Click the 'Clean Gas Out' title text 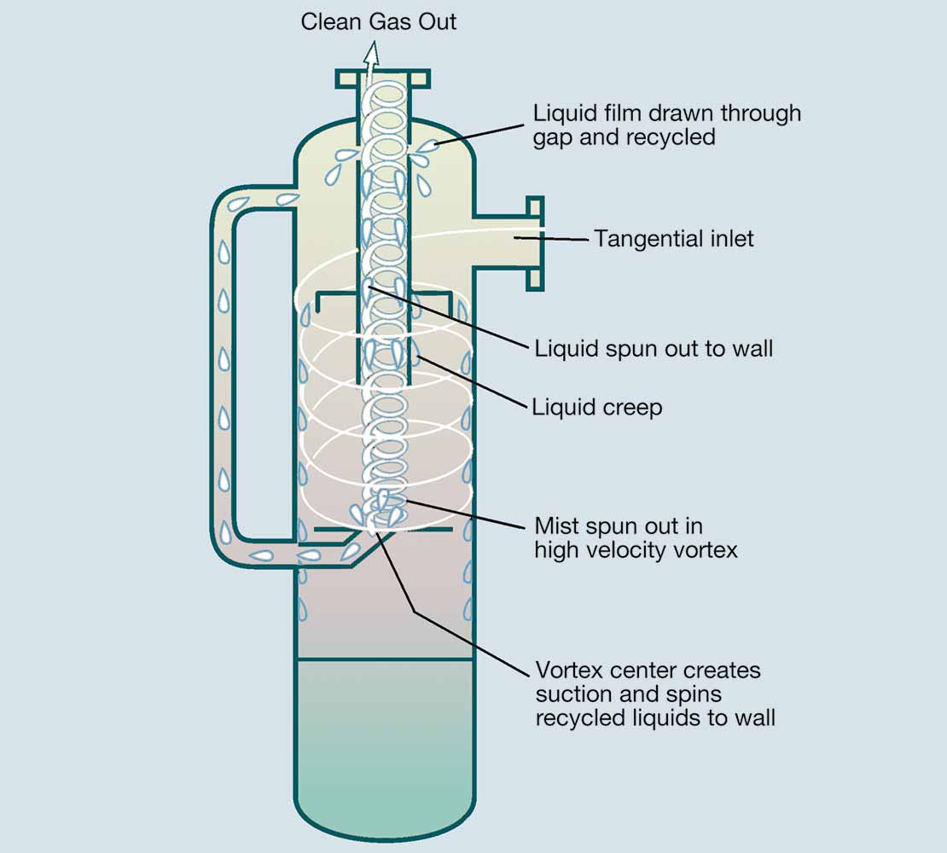(x=378, y=21)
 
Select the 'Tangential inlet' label (x=674, y=239)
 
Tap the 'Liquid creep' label (x=596, y=408)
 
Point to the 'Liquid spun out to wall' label (x=654, y=348)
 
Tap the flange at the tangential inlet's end (x=534, y=243)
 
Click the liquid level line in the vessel (x=384, y=659)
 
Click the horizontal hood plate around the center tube (x=384, y=294)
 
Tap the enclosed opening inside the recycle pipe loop (x=264, y=375)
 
